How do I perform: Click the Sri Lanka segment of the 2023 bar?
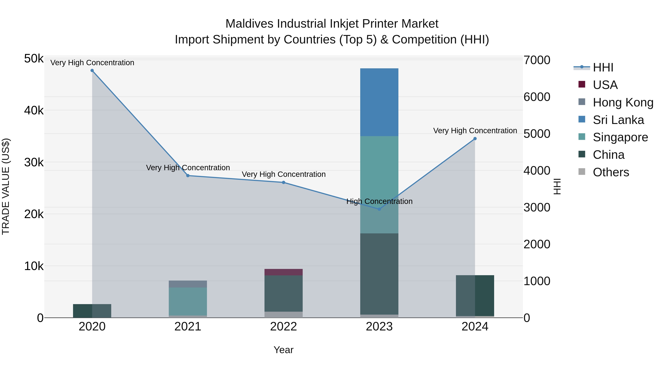379,102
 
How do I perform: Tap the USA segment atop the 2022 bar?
283,272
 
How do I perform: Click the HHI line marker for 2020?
92,71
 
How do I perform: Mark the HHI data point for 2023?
379,209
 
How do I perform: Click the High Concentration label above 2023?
379,201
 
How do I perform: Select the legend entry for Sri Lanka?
618,120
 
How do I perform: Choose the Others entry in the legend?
611,172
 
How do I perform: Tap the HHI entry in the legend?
603,67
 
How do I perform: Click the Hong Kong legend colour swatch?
582,102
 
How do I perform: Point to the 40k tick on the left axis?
34,111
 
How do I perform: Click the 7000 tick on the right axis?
537,60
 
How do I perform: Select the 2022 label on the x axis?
283,327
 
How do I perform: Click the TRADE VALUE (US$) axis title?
6,186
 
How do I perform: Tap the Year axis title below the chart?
283,350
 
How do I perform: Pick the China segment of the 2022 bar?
283,293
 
